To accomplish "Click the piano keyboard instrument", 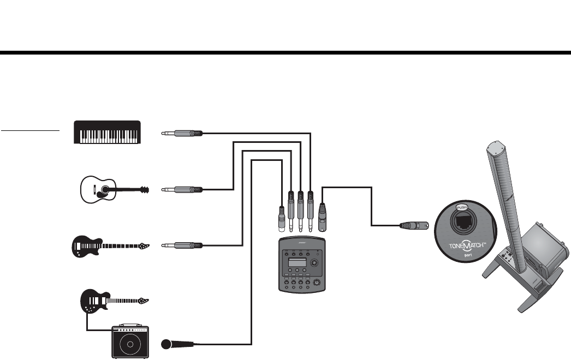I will tap(108, 132).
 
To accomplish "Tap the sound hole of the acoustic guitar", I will tap(104, 190).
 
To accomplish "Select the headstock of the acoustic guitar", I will tap(144, 190).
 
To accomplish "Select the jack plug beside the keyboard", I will tap(183, 133).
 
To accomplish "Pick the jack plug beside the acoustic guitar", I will tap(183, 190).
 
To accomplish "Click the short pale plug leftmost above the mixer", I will tap(280, 218).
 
